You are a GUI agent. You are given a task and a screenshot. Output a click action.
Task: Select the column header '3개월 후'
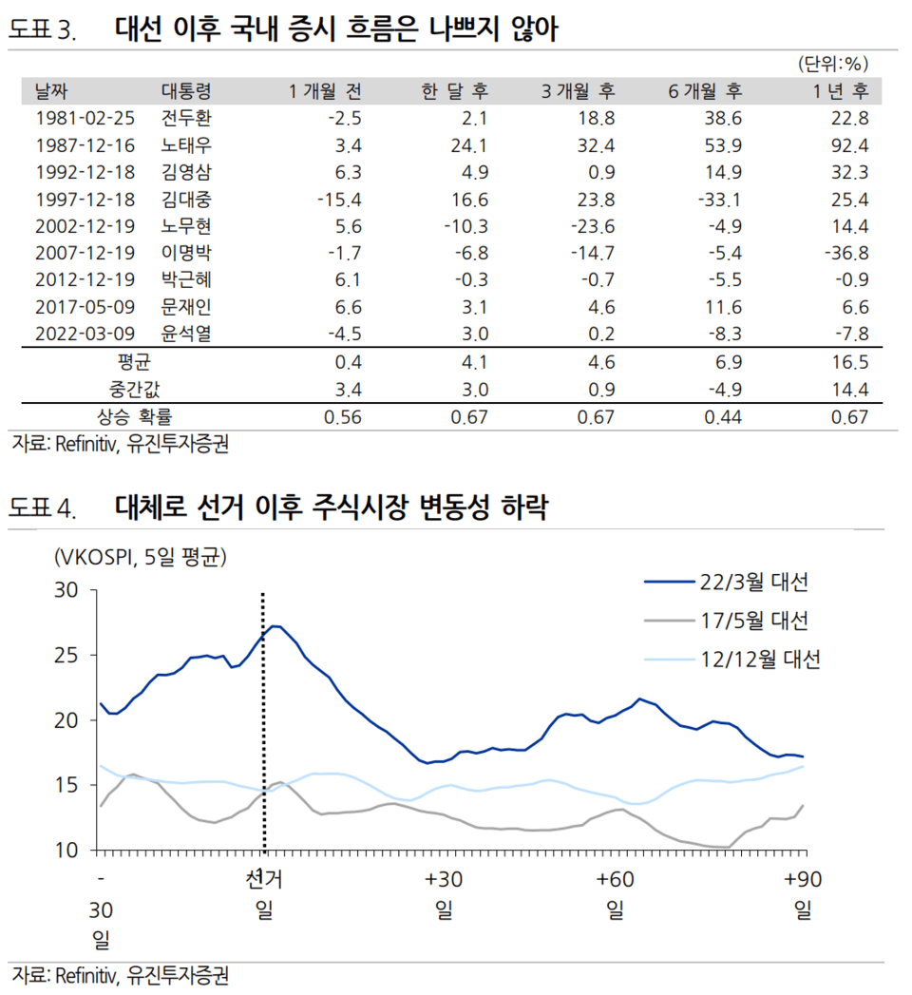tap(578, 91)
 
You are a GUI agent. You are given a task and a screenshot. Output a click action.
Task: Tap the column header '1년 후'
tap(840, 91)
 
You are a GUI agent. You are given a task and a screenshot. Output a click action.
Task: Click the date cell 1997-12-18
tap(85, 200)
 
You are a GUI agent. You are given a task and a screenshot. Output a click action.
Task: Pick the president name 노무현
tap(186, 227)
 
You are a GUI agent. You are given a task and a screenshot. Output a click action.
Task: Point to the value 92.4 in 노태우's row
tap(849, 145)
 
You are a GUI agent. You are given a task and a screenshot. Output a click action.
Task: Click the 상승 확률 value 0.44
tap(722, 417)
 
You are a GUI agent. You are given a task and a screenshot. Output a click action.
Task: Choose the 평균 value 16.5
tap(849, 362)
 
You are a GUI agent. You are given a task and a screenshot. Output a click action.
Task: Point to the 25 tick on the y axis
tap(69, 655)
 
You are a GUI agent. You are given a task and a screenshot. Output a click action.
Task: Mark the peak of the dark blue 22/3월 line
tap(274, 625)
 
